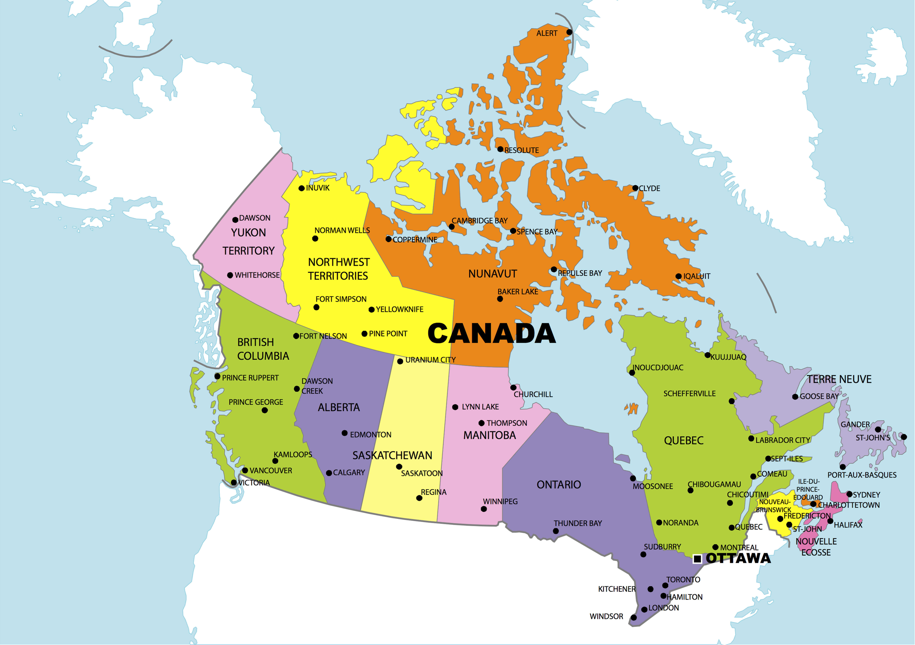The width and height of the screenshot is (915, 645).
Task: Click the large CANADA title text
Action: (x=491, y=334)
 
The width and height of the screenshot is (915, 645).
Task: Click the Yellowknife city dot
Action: (x=371, y=310)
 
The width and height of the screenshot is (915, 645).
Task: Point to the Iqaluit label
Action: (x=697, y=276)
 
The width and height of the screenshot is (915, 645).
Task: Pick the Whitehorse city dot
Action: (x=230, y=275)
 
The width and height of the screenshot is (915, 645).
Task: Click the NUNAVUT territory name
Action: (x=493, y=274)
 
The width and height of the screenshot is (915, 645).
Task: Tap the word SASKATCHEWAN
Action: (x=392, y=455)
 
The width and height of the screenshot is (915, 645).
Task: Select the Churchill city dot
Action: (x=513, y=388)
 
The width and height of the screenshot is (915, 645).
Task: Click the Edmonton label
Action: (x=371, y=435)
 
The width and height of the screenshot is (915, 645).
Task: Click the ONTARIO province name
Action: (x=559, y=484)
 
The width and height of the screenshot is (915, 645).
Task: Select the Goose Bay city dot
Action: (x=795, y=397)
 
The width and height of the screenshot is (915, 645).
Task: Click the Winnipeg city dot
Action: (x=484, y=509)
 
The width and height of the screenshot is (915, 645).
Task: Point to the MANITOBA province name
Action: (x=489, y=435)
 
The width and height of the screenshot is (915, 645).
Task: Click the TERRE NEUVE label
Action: (x=839, y=379)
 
